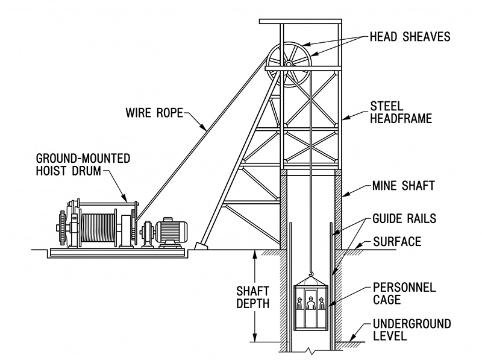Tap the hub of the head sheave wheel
coord(289,63)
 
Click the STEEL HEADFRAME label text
coord(401,113)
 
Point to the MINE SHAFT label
coord(403,186)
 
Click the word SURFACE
coord(397,242)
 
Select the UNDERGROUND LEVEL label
coord(412,330)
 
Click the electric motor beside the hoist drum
coord(173,232)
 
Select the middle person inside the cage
coord(311,305)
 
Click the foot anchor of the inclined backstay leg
coord(201,245)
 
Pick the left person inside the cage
coord(299,305)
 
